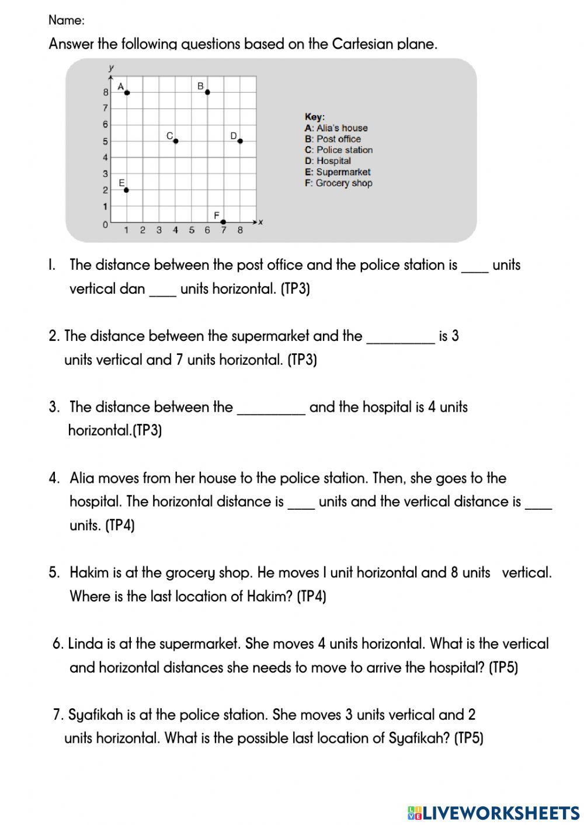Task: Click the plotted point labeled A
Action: click(x=127, y=92)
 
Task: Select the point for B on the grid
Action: click(x=207, y=92)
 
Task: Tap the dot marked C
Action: click(x=175, y=141)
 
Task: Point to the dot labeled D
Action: click(x=239, y=141)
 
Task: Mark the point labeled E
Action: click(x=126, y=190)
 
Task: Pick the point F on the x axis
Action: click(x=223, y=222)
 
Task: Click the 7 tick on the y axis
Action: click(x=105, y=108)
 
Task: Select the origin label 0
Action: click(x=105, y=225)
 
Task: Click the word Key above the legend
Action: click(x=315, y=117)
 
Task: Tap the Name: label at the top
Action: click(x=67, y=20)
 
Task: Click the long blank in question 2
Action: click(x=400, y=341)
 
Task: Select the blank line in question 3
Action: click(x=270, y=412)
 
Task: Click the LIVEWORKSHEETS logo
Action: click(x=493, y=813)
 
